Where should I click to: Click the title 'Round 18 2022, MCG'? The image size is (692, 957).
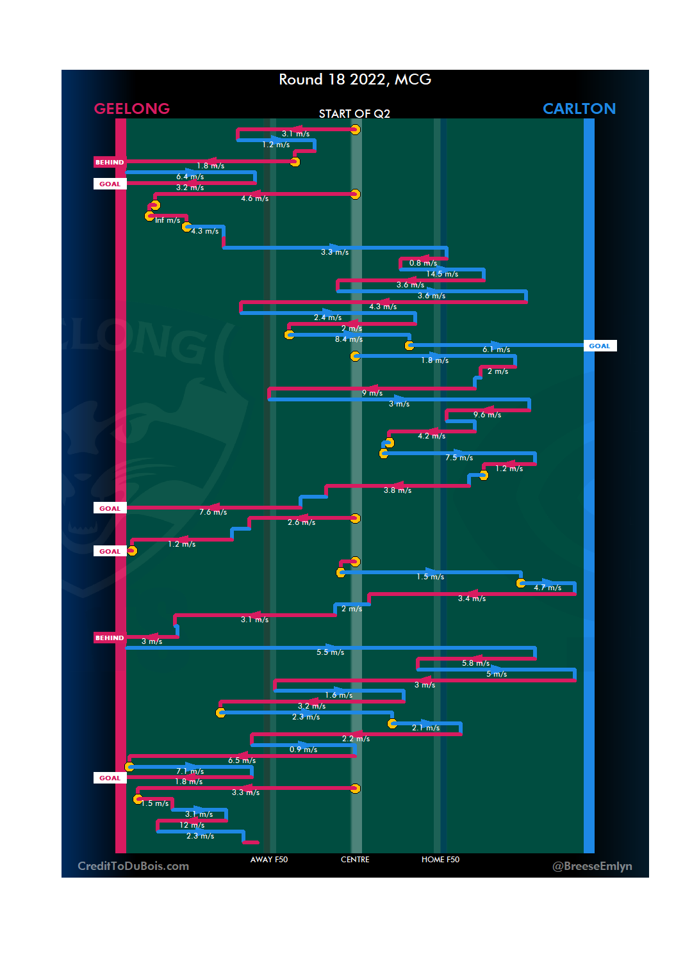(x=355, y=79)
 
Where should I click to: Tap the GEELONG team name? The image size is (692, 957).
(x=132, y=109)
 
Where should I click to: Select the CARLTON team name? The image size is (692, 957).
(x=579, y=109)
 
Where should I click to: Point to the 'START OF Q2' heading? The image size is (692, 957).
(x=354, y=114)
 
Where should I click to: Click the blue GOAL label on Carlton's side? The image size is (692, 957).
(x=600, y=346)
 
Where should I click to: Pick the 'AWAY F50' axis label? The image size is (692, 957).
(x=269, y=860)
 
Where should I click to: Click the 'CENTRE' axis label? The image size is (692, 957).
(x=355, y=860)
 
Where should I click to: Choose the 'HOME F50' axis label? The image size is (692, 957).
(x=440, y=860)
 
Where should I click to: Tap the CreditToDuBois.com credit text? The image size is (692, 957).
(x=133, y=866)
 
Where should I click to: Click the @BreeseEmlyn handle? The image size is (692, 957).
(x=592, y=866)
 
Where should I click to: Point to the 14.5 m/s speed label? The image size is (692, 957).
(x=442, y=274)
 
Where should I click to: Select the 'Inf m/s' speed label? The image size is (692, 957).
(x=167, y=220)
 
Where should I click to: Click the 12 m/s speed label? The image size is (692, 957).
(x=192, y=825)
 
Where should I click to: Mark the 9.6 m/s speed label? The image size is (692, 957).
(x=487, y=415)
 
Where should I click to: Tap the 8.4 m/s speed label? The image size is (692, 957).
(x=349, y=339)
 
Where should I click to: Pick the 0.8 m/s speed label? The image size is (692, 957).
(x=423, y=263)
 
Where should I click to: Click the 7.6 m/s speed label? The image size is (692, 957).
(x=213, y=512)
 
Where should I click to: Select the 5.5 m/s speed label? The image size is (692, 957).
(x=330, y=652)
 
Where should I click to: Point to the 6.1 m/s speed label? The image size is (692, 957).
(x=496, y=350)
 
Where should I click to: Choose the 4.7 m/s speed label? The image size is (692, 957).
(x=547, y=588)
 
